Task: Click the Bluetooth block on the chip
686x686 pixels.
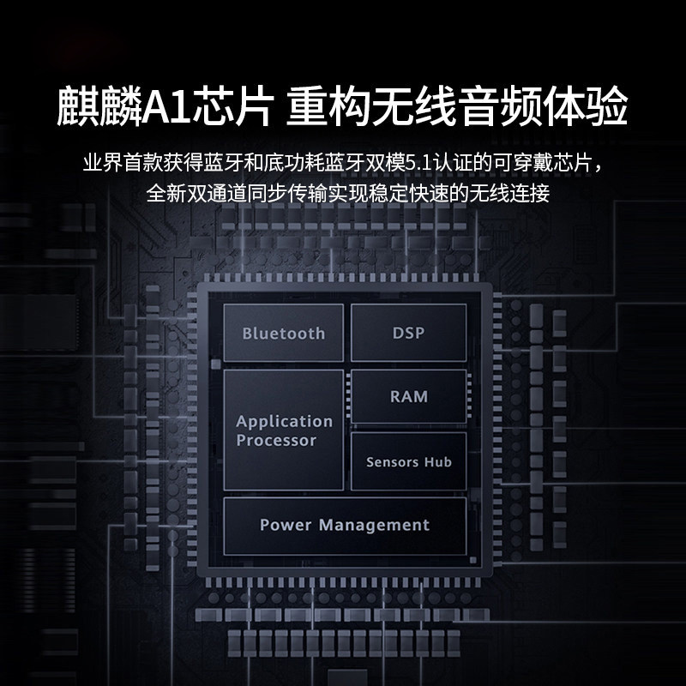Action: pos(284,334)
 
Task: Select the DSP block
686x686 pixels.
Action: pos(408,333)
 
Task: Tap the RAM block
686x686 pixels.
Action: pos(408,396)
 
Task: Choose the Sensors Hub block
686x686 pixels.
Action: pos(408,461)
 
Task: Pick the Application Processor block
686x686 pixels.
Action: pos(284,430)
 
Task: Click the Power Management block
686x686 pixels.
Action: pos(345,525)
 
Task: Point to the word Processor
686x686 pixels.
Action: pos(276,441)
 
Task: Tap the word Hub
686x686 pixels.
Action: pos(436,461)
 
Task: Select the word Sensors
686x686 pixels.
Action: pos(392,461)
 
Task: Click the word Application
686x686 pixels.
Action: pos(284,421)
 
